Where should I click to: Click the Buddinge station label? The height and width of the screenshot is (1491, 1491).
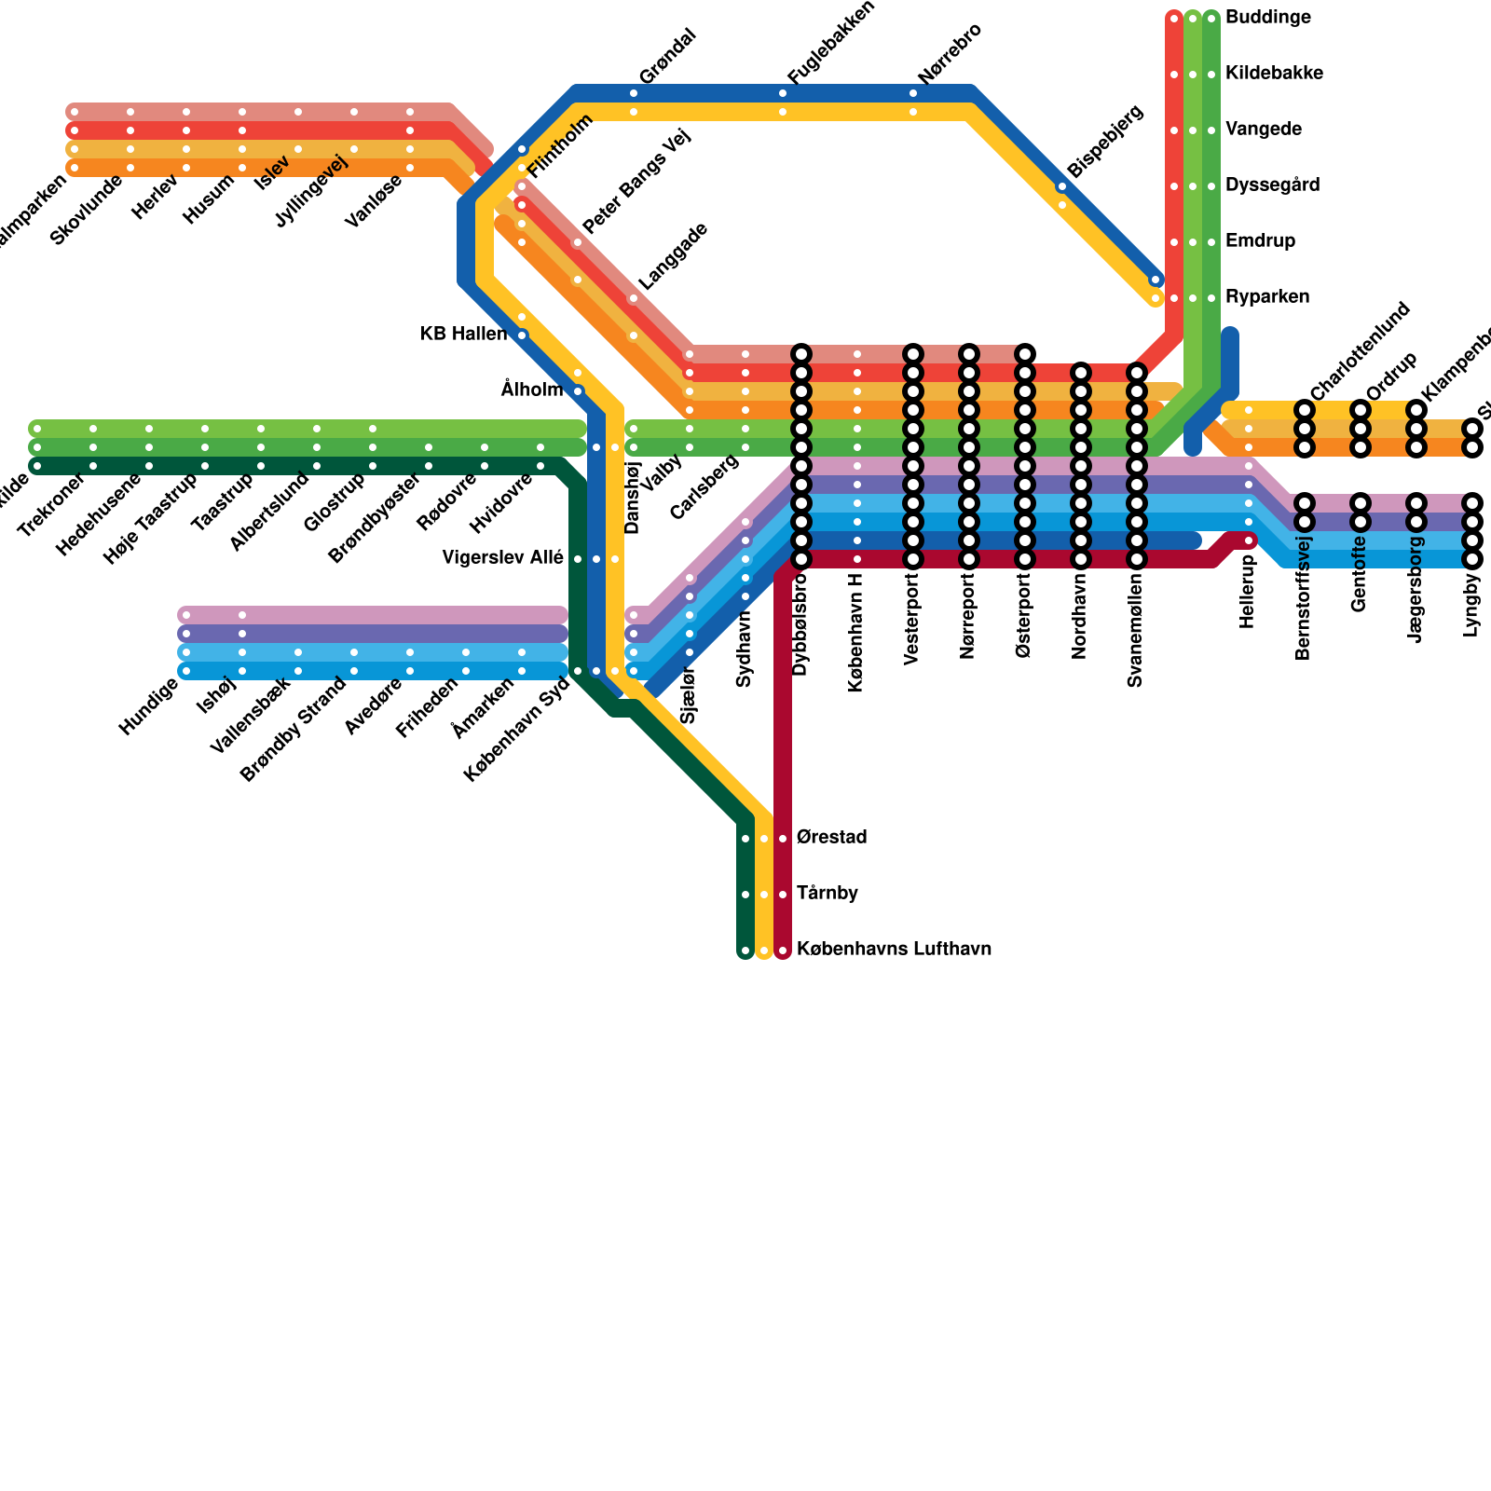coord(1268,18)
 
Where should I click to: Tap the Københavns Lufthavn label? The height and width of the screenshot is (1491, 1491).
coord(894,950)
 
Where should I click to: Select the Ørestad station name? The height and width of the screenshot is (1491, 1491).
coord(832,838)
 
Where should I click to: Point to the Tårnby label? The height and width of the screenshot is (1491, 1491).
coord(828,894)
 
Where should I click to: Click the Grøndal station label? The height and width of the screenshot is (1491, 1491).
coord(668,57)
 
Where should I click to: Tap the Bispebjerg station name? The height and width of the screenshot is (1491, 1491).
coord(1105,142)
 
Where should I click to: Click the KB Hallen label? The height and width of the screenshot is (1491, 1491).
coord(463,334)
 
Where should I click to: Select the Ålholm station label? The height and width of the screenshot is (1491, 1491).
coord(532,390)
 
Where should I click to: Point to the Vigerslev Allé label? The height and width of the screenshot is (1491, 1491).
coord(502,558)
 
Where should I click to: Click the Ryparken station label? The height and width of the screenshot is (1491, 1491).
coord(1267,297)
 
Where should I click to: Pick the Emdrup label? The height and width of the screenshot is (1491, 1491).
coord(1260,241)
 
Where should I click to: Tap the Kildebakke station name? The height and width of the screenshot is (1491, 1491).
coord(1274,74)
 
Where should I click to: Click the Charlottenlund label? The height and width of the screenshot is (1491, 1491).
coord(1360,351)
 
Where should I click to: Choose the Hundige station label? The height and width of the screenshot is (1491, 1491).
coord(148,708)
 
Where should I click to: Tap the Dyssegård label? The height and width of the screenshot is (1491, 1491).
coord(1272,185)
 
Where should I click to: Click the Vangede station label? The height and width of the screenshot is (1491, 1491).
coord(1264,130)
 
